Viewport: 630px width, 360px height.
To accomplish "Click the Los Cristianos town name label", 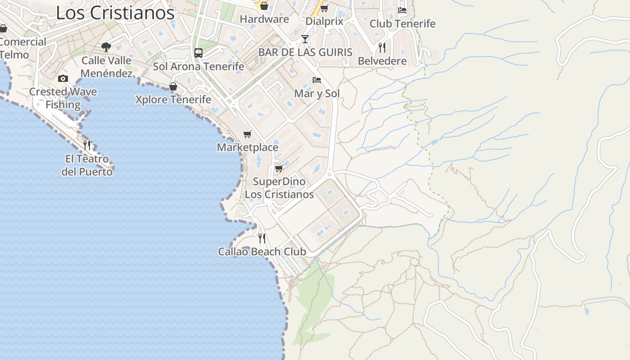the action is coord(115,13).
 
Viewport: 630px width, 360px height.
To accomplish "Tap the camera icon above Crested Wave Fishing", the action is coord(63,79).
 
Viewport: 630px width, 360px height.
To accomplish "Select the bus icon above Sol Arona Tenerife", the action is coord(198,53).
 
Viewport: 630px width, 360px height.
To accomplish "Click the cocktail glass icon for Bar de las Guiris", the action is coord(305,39).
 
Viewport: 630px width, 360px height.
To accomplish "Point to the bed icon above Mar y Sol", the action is coord(317,81).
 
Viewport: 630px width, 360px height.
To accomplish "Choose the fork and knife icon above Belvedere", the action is coord(382,48).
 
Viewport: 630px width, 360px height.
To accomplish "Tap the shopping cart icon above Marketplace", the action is coord(247,134).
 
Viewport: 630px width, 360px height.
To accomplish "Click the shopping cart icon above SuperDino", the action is coord(279,169).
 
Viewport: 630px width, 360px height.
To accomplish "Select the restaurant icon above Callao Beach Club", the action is coord(262,238).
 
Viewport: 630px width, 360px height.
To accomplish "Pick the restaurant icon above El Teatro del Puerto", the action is coord(87,145).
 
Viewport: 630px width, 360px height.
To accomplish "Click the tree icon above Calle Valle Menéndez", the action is coord(106,47).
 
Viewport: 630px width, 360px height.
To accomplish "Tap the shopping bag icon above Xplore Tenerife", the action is coord(173,86).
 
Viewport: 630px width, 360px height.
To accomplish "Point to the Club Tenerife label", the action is coord(402,24).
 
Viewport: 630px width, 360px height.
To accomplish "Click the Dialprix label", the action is coord(324,22).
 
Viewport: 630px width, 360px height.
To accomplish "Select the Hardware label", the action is coord(264,19).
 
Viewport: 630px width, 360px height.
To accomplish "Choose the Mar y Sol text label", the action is coord(317,94).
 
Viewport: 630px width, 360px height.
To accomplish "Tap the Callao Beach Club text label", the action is coord(262,252).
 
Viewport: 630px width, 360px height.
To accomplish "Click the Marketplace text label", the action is coord(247,148).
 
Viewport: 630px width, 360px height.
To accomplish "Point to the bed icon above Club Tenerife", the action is coord(402,10).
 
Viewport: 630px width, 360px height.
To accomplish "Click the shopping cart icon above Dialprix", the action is coord(324,8).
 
